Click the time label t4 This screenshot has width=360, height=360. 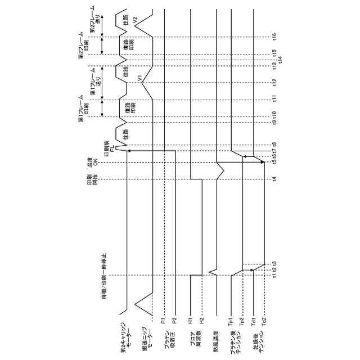(274, 179)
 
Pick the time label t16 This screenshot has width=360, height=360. (274, 37)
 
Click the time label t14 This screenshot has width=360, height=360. (280, 58)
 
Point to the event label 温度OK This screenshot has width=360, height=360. (92, 164)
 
